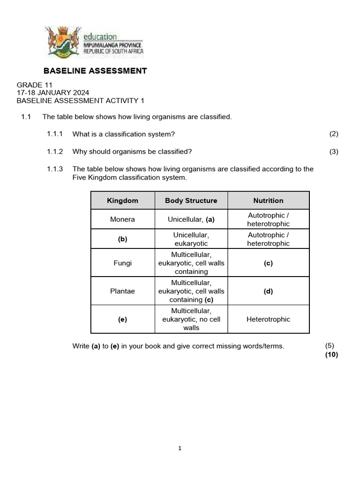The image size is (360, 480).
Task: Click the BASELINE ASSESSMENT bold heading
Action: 95,71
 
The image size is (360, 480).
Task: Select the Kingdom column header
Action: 123,201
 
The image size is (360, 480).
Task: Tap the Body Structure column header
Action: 191,201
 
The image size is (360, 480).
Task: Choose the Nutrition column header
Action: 268,201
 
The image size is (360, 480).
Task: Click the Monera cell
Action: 123,219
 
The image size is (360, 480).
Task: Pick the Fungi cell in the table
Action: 123,263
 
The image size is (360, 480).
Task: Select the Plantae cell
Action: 123,291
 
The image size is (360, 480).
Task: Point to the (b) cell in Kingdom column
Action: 123,239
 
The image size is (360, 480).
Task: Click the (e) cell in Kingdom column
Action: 123,319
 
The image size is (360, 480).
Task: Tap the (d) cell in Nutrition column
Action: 268,291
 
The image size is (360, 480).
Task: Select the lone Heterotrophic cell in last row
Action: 268,319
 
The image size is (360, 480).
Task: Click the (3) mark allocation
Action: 334,151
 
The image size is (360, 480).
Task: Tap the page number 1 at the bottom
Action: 180,448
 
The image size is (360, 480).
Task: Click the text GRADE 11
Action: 34,85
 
